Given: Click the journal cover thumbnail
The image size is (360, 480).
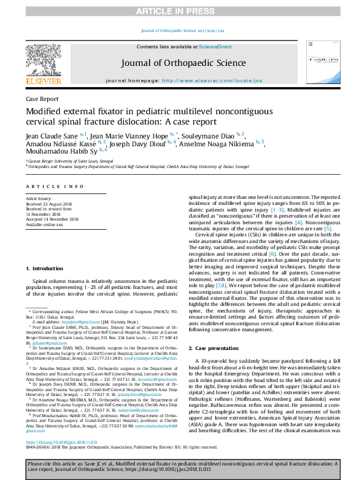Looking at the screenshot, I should [x=318, y=64].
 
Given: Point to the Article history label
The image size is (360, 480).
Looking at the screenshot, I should [x=39, y=198].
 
